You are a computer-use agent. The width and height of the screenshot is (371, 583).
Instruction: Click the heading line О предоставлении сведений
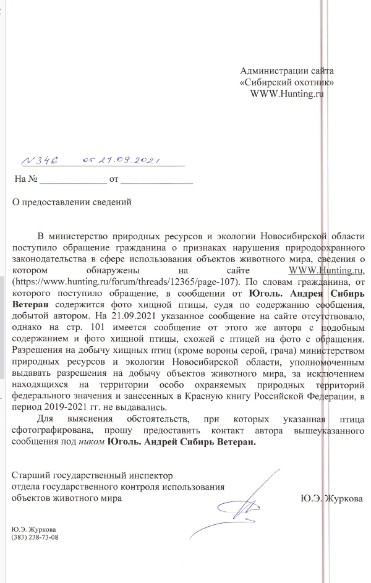(x=73, y=202)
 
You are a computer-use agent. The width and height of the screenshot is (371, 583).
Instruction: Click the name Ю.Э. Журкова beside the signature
(x=331, y=498)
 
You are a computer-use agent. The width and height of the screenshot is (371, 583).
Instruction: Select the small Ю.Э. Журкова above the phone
(x=35, y=529)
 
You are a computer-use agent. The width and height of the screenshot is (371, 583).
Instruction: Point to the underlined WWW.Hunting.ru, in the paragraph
(x=328, y=270)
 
